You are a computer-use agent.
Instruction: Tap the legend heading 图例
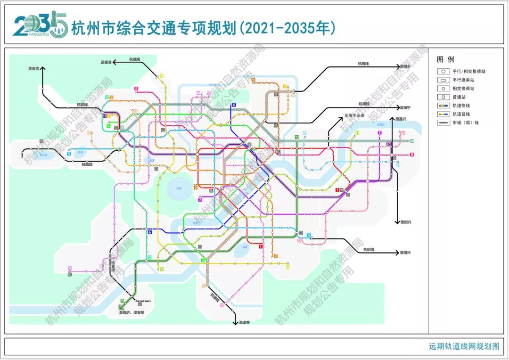tap(445, 60)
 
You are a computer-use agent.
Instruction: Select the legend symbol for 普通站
tap(443, 97)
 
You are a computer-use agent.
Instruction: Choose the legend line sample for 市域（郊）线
tap(443, 123)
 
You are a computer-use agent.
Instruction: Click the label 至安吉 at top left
tap(33, 68)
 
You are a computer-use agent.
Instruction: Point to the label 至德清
tap(106, 62)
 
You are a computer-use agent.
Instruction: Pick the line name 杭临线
tap(87, 164)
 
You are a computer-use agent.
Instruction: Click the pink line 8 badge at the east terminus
tap(411, 155)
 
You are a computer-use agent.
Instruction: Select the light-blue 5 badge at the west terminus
tap(69, 154)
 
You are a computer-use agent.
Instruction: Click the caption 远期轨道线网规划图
tap(464, 346)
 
